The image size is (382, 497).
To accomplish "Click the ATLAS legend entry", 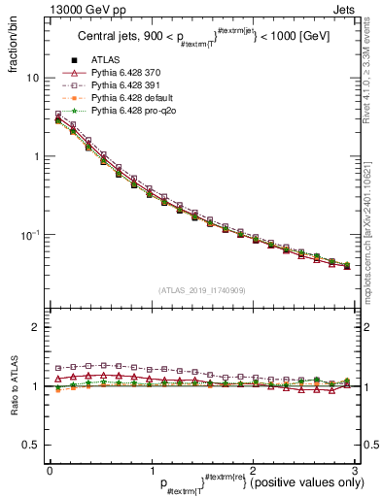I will point(106,59).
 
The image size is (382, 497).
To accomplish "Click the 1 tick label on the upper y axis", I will point(34,156).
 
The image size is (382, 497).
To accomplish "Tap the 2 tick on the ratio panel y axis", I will point(34,327).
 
